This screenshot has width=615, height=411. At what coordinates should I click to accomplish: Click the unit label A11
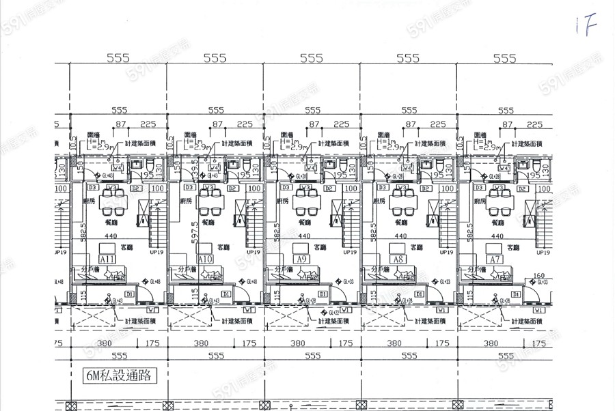click(x=108, y=260)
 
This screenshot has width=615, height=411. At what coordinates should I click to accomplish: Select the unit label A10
click(x=204, y=260)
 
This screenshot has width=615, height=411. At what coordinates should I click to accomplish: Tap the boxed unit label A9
click(x=301, y=260)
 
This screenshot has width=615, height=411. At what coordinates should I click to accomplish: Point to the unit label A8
click(x=398, y=260)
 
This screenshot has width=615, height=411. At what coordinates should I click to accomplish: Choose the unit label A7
click(x=494, y=260)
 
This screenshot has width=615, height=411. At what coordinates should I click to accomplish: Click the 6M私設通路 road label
click(x=118, y=375)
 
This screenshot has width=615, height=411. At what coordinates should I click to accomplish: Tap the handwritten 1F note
click(x=585, y=27)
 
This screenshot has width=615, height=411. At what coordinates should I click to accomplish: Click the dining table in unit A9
click(x=303, y=202)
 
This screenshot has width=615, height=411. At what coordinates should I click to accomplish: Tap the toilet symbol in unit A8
click(x=438, y=167)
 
